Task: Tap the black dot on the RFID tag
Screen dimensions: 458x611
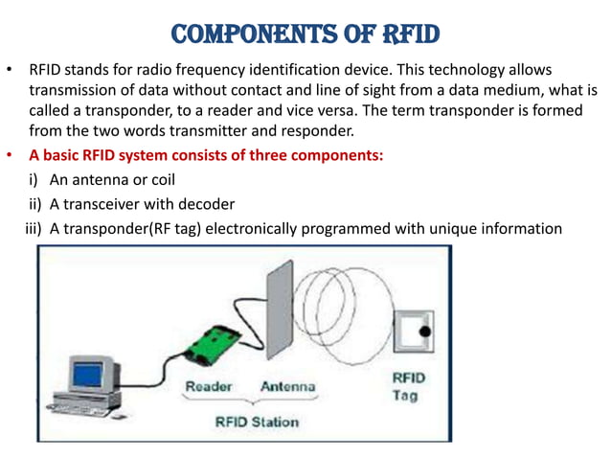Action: point(424,332)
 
